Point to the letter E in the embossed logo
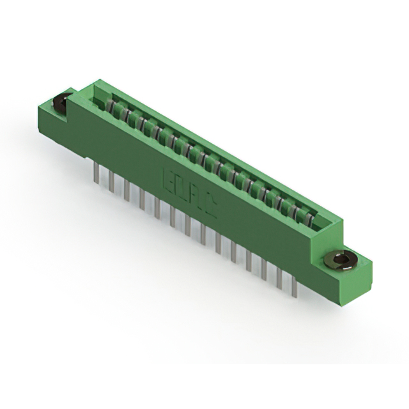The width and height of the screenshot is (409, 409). [169, 178]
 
